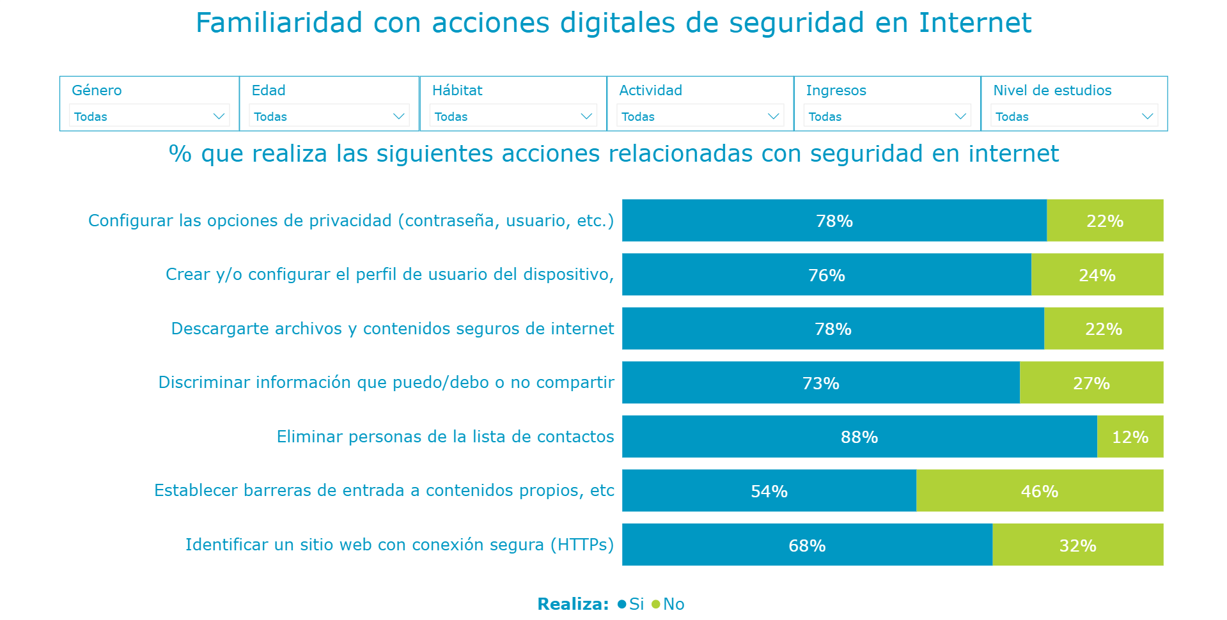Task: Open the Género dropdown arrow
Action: tap(219, 116)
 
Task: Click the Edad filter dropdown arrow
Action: tap(399, 116)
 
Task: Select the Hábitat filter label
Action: tap(457, 90)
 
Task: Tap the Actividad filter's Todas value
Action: tap(638, 117)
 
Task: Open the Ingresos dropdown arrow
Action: tap(960, 116)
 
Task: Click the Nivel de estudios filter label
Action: tap(1052, 90)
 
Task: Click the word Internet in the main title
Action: tap(974, 23)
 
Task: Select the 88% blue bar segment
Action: tap(859, 437)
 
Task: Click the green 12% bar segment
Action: tap(1130, 437)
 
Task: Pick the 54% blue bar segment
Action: tap(769, 491)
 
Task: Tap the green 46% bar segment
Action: tap(1039, 491)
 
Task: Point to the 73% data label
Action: tap(820, 383)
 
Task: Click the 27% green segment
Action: tap(1091, 383)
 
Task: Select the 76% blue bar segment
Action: tap(826, 275)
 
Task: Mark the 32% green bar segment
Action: tap(1077, 545)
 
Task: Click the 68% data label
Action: tap(807, 545)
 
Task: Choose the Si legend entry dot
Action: tap(621, 604)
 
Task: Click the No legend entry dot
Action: tap(655, 604)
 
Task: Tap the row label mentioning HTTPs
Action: tap(399, 545)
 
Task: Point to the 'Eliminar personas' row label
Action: tap(445, 437)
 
